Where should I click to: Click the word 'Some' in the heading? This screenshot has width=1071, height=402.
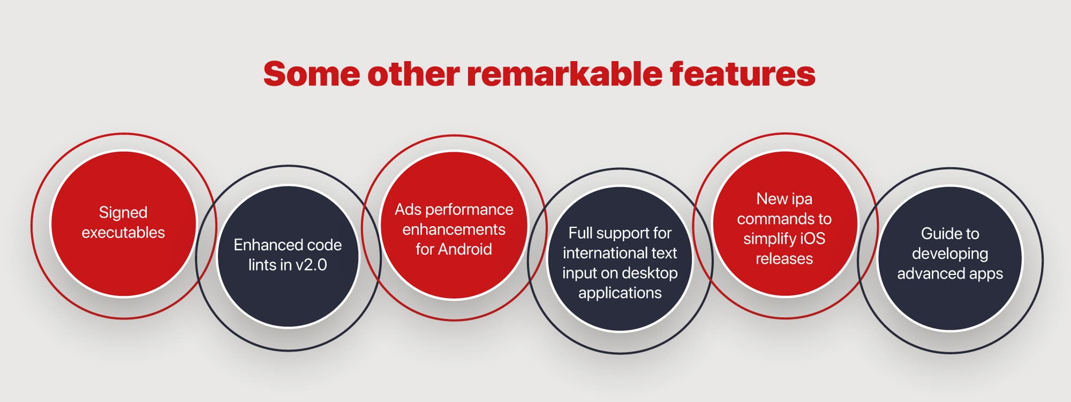[x=312, y=74]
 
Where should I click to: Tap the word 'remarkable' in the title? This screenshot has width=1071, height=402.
[x=565, y=73]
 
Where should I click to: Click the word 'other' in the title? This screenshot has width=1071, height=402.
[x=413, y=74]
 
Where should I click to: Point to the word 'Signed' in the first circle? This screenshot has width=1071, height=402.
[x=123, y=213]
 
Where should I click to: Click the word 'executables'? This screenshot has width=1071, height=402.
[x=123, y=233]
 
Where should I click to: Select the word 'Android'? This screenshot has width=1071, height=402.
[x=465, y=249]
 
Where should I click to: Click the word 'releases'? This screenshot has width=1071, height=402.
[x=784, y=259]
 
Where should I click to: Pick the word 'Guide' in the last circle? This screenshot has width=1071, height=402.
[x=936, y=234]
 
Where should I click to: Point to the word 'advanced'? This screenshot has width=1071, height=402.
[x=926, y=274]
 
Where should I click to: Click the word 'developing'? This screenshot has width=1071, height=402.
[x=950, y=254]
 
